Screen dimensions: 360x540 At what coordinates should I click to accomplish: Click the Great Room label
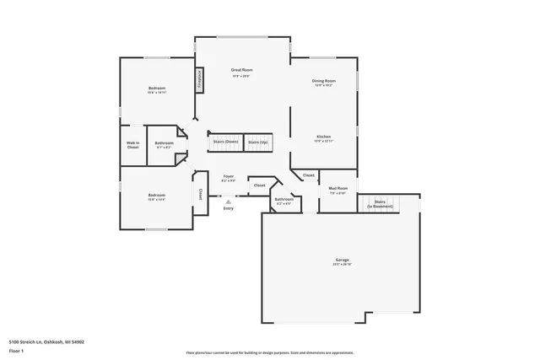click(x=242, y=70)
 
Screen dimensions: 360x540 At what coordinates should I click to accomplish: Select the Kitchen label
click(x=324, y=137)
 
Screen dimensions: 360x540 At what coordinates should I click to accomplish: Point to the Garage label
click(x=341, y=260)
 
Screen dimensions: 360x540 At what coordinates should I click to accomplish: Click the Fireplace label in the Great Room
click(x=200, y=79)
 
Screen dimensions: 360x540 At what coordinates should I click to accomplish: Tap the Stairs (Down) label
click(x=225, y=142)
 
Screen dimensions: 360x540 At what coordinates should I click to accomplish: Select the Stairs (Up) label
click(x=258, y=142)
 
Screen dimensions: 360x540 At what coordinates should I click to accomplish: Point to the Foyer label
click(x=229, y=176)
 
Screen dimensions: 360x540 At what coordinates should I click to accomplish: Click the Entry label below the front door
click(x=228, y=208)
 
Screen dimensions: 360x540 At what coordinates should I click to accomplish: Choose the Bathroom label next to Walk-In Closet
click(x=164, y=143)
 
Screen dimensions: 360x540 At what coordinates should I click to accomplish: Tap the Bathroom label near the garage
click(x=283, y=200)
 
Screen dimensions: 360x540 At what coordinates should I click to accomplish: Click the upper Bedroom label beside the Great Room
click(x=157, y=89)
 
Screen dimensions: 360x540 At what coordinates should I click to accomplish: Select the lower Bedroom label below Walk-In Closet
click(x=156, y=196)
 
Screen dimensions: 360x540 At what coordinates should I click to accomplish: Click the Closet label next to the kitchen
click(x=309, y=175)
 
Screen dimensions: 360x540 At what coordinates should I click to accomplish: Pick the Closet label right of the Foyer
click(x=259, y=185)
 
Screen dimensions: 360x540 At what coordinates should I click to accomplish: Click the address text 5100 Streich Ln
click(x=46, y=341)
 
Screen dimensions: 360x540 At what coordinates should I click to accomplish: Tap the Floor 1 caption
click(x=16, y=350)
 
